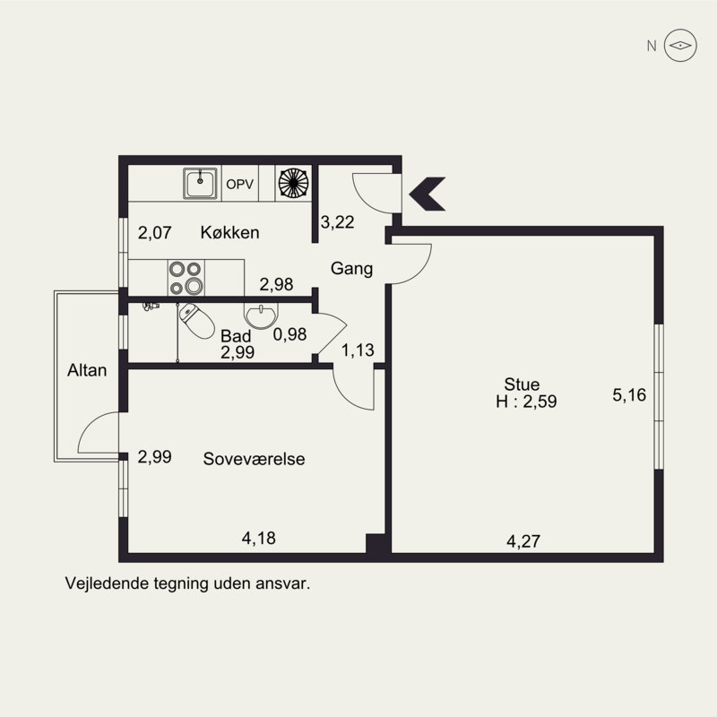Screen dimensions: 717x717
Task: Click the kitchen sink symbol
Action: point(200,184)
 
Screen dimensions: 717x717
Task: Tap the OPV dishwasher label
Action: point(240,185)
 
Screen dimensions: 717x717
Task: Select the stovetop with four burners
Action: point(186,278)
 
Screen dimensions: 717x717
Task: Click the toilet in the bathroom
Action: point(196,321)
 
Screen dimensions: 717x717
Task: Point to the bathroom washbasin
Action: point(260,316)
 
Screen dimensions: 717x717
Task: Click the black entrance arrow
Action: point(428,194)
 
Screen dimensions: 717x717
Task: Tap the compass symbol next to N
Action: point(680,46)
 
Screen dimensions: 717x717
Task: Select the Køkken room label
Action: point(229,233)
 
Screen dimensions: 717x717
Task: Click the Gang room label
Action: point(351,268)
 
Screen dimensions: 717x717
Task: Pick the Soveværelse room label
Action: point(254,459)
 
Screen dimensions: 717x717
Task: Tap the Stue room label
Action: point(522,384)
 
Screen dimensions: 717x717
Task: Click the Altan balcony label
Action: point(87,370)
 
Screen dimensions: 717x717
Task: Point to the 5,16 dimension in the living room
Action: point(629,394)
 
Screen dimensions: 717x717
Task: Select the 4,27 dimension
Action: point(523,541)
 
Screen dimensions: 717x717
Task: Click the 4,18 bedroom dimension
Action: point(259,539)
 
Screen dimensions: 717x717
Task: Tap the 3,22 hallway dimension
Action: point(338,222)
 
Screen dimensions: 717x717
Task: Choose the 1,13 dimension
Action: point(358,350)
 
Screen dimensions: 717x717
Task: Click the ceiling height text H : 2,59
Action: point(526,402)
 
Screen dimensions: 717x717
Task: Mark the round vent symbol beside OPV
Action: point(294,184)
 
